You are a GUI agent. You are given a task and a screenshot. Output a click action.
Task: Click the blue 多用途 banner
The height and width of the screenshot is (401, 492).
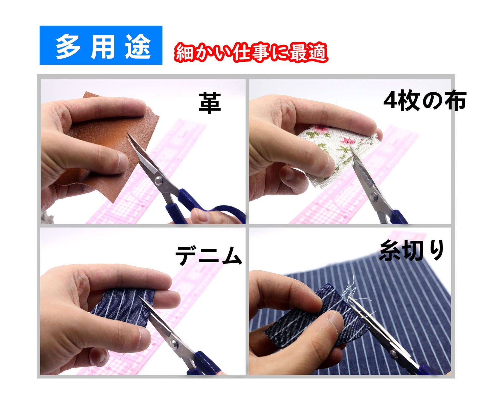point(101,45)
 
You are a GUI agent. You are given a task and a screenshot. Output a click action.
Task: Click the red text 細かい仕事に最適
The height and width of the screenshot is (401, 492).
point(251,52)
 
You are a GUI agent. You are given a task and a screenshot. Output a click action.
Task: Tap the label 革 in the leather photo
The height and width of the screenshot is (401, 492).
point(210,103)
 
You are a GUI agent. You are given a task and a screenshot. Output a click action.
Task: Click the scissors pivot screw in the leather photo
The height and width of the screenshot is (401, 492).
point(159,180)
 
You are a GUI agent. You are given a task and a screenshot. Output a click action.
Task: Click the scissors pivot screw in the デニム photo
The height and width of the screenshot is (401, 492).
point(174,343)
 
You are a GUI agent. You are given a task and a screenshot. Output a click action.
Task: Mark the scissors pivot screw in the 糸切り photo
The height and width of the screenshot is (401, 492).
point(393,353)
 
